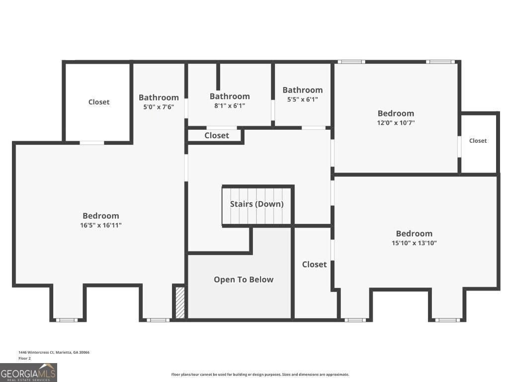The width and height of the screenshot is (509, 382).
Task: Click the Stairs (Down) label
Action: click(257, 204)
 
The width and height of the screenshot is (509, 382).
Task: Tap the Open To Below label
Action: click(244, 280)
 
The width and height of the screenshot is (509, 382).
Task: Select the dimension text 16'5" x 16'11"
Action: click(101, 225)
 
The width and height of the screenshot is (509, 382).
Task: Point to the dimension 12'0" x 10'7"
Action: click(396, 123)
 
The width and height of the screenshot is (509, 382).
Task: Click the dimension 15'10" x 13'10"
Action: click(414, 243)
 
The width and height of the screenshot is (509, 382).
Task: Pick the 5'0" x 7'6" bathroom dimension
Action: click(159, 107)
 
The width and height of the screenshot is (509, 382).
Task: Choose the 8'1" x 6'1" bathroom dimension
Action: click(230, 105)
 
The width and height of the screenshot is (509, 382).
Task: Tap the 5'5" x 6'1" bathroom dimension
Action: click(303, 99)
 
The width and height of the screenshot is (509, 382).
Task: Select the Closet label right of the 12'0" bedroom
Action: click(478, 141)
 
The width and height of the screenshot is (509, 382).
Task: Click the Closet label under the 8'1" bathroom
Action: click(217, 135)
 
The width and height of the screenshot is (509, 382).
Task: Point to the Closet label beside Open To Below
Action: click(314, 265)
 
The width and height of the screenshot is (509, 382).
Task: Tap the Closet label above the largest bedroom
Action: click(99, 102)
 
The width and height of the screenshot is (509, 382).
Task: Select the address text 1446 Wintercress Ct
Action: click(36, 352)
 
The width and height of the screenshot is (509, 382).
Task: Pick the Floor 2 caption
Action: click(25, 358)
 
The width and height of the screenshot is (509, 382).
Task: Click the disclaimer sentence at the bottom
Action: click(260, 375)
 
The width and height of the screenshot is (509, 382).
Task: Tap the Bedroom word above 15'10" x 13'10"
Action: click(414, 234)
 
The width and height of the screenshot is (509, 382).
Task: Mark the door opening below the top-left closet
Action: click(92, 143)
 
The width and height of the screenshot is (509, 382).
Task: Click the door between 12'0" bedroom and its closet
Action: click(459, 147)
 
